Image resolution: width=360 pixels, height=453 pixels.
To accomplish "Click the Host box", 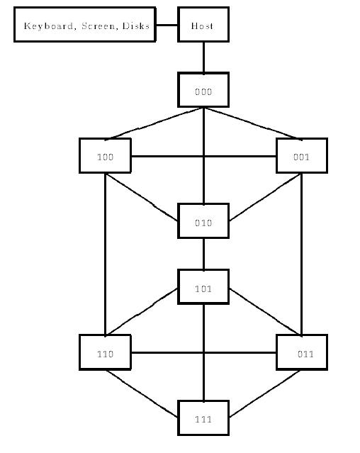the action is [203, 25].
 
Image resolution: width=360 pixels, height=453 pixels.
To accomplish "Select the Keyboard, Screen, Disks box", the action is [85, 25].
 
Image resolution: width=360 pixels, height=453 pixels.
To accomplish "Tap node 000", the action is [203, 90].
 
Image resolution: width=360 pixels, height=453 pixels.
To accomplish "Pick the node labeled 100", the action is [105, 156].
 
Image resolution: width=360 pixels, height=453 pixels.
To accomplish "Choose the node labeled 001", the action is [302, 156].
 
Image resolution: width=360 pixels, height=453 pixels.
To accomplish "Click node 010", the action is [203, 221].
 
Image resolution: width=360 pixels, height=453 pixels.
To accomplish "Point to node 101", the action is [203, 287].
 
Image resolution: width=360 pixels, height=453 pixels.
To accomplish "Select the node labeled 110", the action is [105, 352].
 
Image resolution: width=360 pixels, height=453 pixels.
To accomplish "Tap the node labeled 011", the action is [302, 352].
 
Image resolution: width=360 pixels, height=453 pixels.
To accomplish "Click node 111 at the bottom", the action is [203, 418].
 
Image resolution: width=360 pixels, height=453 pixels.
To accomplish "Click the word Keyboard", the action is [48, 26].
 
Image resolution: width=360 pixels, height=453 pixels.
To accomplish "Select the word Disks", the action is [136, 26].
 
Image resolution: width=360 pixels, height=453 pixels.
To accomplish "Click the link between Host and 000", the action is [203, 57].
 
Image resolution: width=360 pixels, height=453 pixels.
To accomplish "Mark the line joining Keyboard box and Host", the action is [167, 25].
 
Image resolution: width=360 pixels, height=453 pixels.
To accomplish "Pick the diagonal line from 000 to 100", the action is [154, 123].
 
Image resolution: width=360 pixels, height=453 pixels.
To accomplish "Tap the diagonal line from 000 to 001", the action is [253, 123].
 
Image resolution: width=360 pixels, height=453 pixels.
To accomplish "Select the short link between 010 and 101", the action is [203, 254].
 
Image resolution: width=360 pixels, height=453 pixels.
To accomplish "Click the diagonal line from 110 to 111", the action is [142, 393].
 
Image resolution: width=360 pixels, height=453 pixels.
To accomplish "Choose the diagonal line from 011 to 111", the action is [265, 393].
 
